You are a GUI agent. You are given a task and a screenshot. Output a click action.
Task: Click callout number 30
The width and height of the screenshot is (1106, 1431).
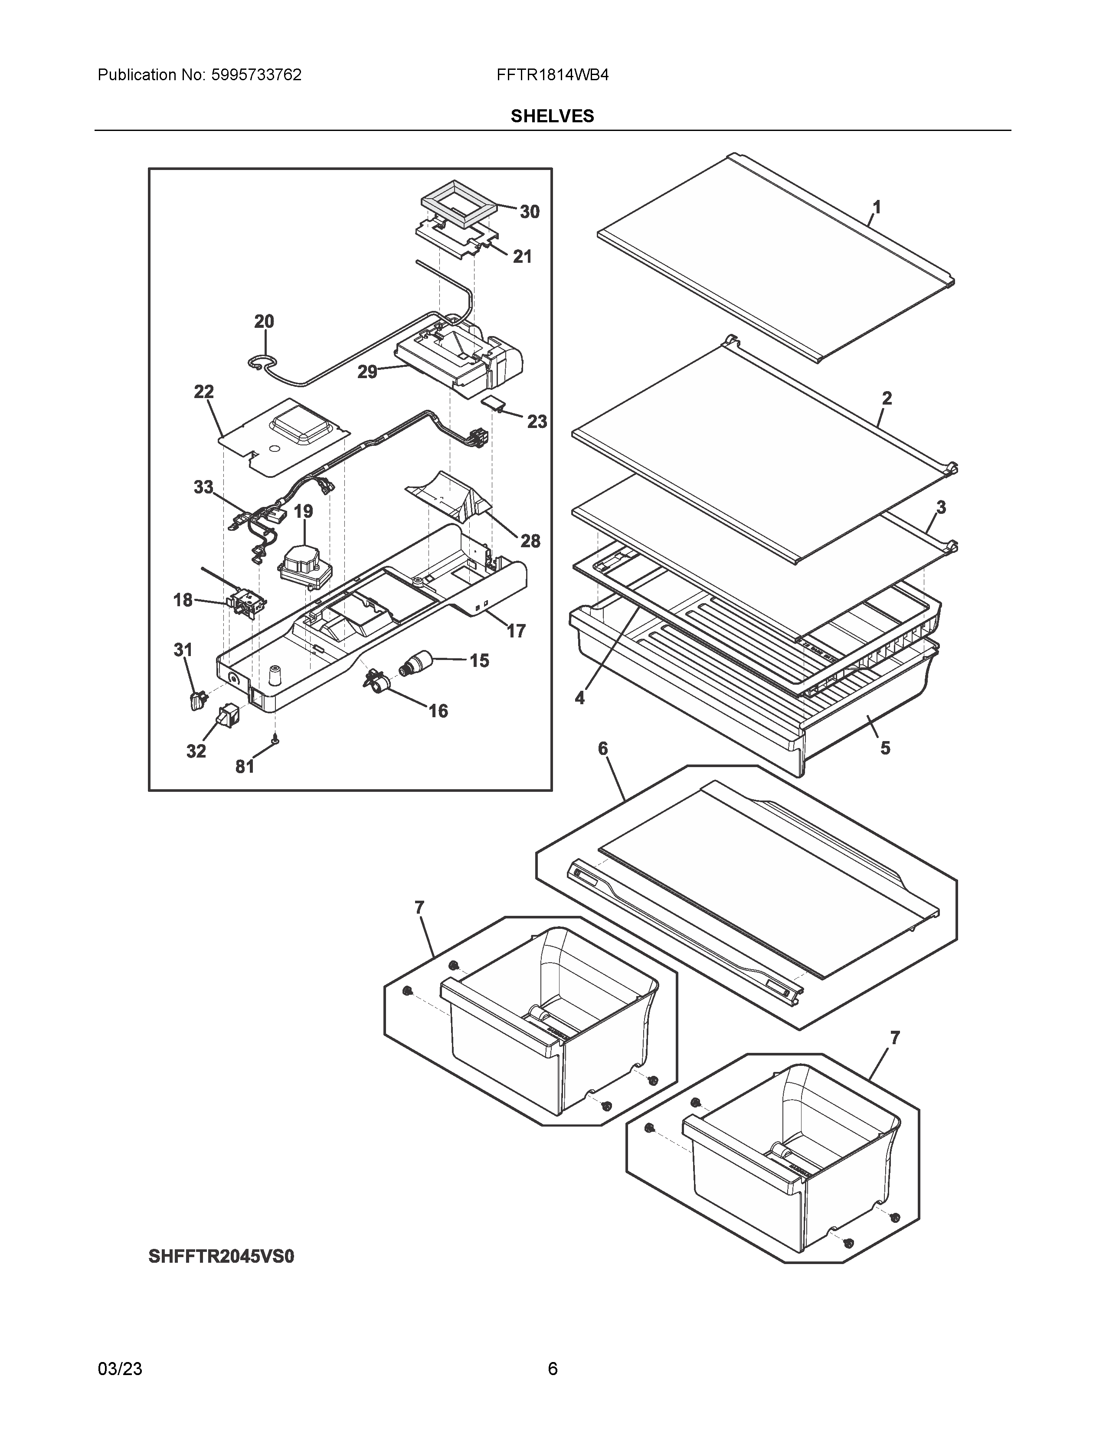tap(530, 212)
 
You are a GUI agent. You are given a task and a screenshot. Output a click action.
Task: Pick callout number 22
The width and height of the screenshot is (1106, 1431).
tap(204, 392)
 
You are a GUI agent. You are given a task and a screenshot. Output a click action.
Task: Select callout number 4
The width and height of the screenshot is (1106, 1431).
tap(579, 699)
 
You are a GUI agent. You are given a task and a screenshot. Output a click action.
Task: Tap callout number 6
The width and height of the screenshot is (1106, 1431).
tap(603, 748)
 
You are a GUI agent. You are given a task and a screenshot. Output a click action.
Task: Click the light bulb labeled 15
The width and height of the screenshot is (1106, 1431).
tap(415, 663)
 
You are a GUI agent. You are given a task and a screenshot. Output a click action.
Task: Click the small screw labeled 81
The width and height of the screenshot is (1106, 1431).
tap(276, 740)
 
